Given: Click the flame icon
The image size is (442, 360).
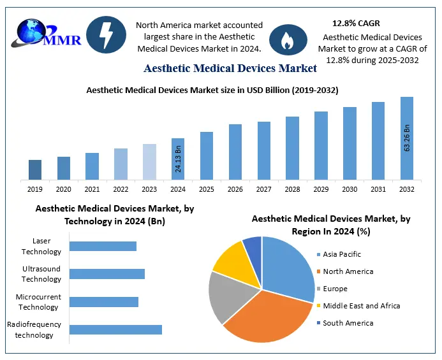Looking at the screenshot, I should pyautogui.click(x=284, y=40).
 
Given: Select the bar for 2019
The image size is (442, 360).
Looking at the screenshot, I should pyautogui.click(x=35, y=169).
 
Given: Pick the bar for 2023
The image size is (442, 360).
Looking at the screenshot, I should pyautogui.click(x=149, y=162).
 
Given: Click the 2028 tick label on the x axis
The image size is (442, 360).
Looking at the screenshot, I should pyautogui.click(x=292, y=189).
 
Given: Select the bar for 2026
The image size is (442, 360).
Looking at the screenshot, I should pyautogui.click(x=235, y=152).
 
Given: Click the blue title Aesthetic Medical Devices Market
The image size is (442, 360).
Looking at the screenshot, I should pyautogui.click(x=230, y=68).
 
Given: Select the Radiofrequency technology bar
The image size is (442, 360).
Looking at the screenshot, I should pyautogui.click(x=115, y=329).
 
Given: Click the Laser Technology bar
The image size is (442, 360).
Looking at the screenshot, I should pyautogui.click(x=103, y=246).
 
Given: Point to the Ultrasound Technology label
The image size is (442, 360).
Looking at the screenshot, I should pyautogui.click(x=41, y=274).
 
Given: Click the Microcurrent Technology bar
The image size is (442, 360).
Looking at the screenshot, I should pyautogui.click(x=103, y=301).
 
